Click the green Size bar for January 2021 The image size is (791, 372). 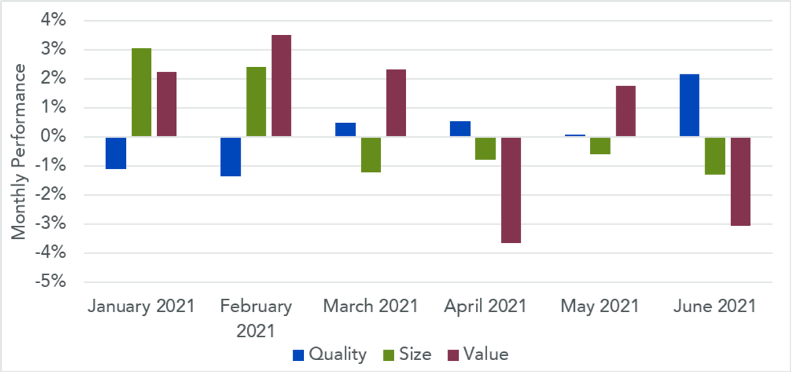141,92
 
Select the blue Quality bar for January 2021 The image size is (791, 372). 116,153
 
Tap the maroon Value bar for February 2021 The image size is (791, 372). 281,86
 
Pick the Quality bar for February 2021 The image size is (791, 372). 231,157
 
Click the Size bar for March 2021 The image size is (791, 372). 370,155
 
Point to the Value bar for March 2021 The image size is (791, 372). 396,103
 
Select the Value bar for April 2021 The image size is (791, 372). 511,190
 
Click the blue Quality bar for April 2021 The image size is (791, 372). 460,128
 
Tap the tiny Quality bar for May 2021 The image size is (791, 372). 575,136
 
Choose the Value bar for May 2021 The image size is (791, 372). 626,111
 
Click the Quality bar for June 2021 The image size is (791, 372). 689,105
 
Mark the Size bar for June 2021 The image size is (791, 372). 715,156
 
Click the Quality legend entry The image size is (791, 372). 330,354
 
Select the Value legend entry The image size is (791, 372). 478,354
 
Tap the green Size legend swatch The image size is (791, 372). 388,356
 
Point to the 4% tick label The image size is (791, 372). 53,20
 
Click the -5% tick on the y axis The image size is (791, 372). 51,282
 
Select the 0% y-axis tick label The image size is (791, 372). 53,136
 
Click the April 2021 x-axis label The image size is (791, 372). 485,306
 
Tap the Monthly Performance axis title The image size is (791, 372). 18,151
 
